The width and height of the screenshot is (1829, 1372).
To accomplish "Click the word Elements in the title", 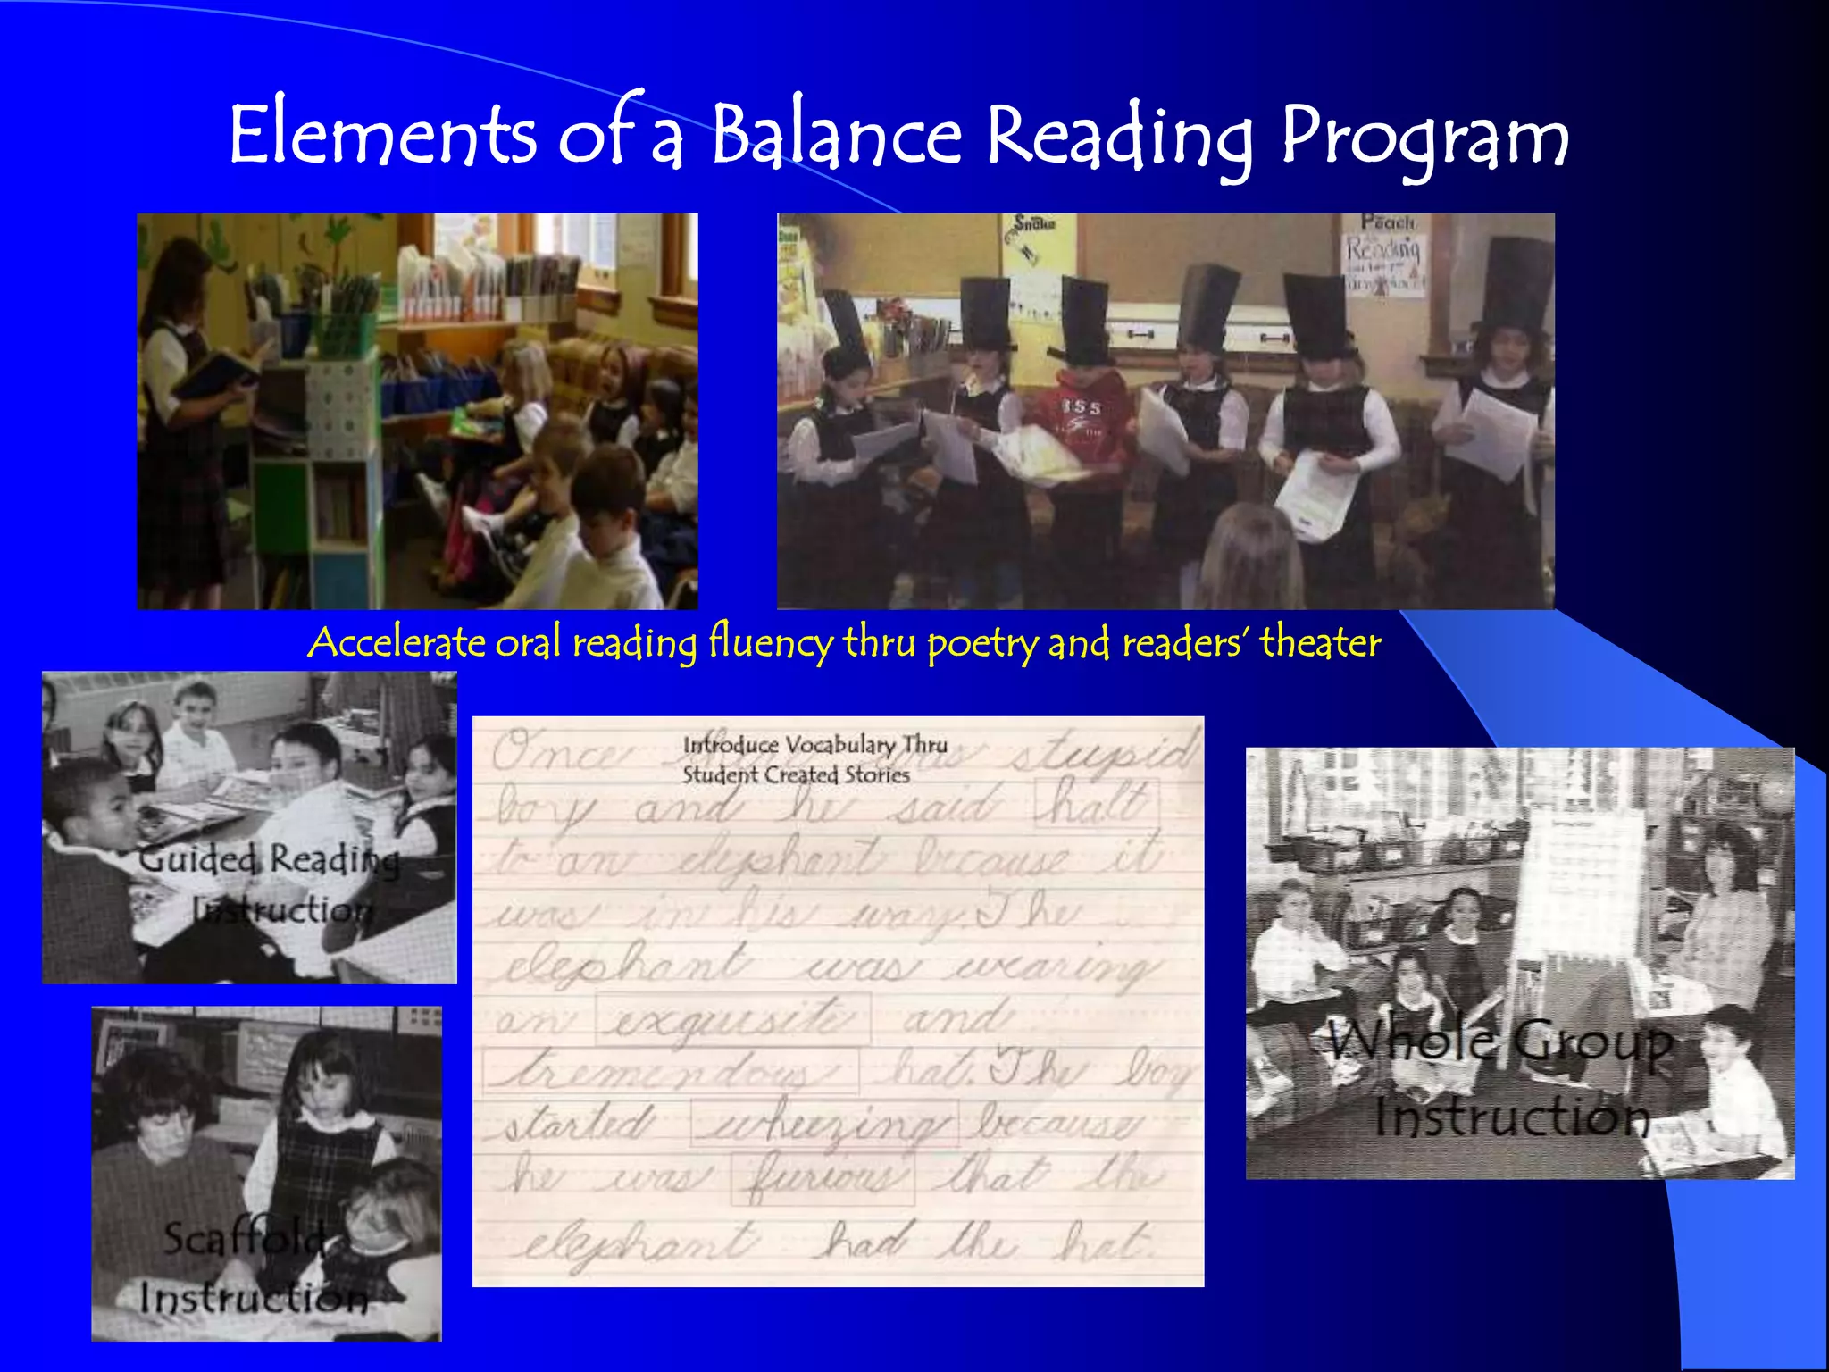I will (x=382, y=136).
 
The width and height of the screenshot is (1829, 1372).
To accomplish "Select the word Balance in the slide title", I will (x=836, y=136).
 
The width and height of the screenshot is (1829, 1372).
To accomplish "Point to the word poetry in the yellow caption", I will (x=982, y=643).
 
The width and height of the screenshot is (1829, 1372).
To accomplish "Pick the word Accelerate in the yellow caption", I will (x=397, y=642).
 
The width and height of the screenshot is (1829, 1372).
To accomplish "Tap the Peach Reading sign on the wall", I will (x=1384, y=255).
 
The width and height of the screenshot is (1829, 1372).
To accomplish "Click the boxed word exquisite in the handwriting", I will (x=732, y=1018).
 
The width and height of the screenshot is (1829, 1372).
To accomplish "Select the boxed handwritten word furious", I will (x=823, y=1177).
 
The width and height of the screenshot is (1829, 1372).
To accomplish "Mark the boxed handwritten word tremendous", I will (x=670, y=1070).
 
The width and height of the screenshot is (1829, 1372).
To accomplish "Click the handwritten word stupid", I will (x=1102, y=752).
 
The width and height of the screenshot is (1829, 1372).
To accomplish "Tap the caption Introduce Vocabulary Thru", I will (x=814, y=744).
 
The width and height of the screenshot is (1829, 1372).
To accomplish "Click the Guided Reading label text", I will (x=268, y=860).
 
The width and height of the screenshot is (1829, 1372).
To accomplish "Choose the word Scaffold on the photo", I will (x=245, y=1238).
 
